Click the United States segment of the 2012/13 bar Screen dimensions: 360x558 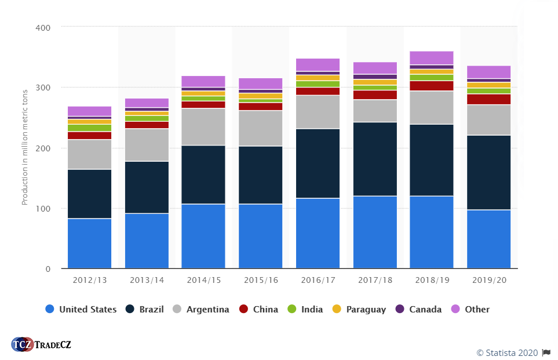click(89, 243)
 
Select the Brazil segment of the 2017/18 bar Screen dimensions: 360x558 click(374, 159)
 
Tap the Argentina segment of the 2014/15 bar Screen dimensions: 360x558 click(203, 127)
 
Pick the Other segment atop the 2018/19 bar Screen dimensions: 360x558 click(431, 58)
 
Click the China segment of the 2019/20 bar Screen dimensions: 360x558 click(488, 99)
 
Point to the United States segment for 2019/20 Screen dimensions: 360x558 click(488, 239)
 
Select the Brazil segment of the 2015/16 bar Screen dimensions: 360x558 click(260, 175)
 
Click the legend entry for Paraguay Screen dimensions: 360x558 click(359, 310)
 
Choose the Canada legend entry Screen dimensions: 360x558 click(418, 310)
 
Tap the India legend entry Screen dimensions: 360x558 click(305, 310)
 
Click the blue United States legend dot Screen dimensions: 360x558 click(50, 310)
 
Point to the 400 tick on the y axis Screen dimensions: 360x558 click(43, 27)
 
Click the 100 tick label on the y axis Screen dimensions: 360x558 click(43, 209)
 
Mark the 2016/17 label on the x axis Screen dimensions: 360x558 click(318, 280)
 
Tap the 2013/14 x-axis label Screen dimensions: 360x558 click(147, 280)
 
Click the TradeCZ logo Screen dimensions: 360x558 click(41, 344)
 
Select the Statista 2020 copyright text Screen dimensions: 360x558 click(507, 352)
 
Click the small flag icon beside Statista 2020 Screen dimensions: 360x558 click(546, 352)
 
